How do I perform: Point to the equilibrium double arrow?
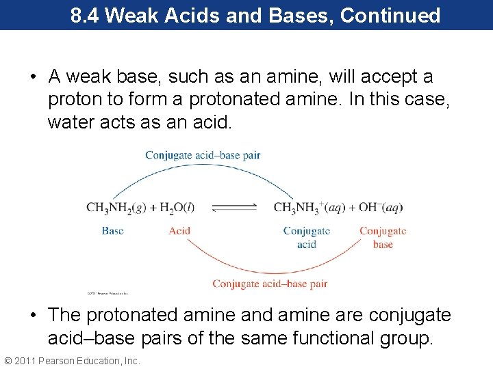[x=234, y=208]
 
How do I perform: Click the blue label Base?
[x=112, y=231]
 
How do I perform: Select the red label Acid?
[x=179, y=231]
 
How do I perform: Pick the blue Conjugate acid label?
[x=307, y=237]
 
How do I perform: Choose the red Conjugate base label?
[x=383, y=237]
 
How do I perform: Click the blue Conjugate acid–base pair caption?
[x=203, y=155]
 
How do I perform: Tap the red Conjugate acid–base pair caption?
[x=270, y=284]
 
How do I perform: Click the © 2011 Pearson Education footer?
[x=71, y=361]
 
